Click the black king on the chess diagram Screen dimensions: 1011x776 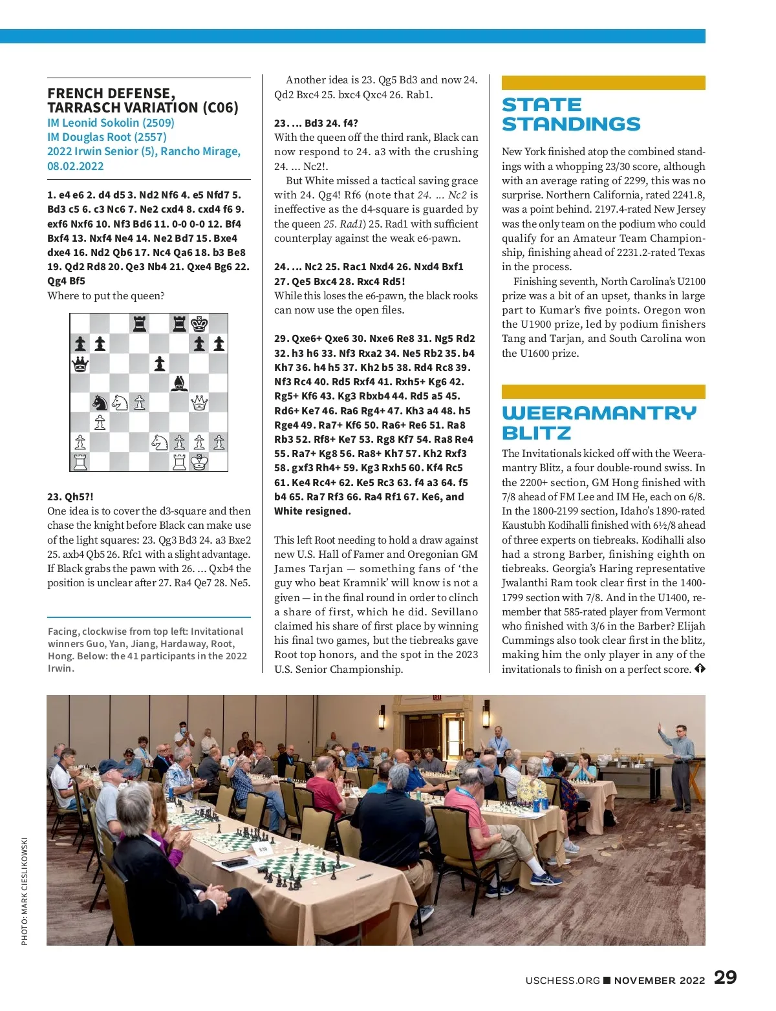pyautogui.click(x=199, y=323)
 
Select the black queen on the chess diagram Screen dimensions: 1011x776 pyautogui.click(x=80, y=364)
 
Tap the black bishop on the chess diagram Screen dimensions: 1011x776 pyautogui.click(x=179, y=383)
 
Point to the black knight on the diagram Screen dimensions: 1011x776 pyautogui.click(x=100, y=403)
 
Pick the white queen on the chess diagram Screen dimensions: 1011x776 pyautogui.click(x=199, y=403)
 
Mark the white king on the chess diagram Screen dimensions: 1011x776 pyautogui.click(x=199, y=462)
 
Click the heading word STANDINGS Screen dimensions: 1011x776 pyautogui.click(x=571, y=124)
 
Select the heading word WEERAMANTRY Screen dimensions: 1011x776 pyautogui.click(x=599, y=413)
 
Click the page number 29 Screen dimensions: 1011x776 pyautogui.click(x=725, y=977)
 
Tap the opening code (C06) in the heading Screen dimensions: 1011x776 pyautogui.click(x=221, y=108)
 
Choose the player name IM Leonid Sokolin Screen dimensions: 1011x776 pyautogui.click(x=111, y=123)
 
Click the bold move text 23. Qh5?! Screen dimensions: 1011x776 pyautogui.click(x=70, y=496)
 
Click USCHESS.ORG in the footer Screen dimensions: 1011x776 pyautogui.click(x=563, y=980)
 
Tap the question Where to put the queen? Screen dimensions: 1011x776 pyautogui.click(x=106, y=296)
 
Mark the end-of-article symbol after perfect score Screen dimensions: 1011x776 pyautogui.click(x=700, y=669)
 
